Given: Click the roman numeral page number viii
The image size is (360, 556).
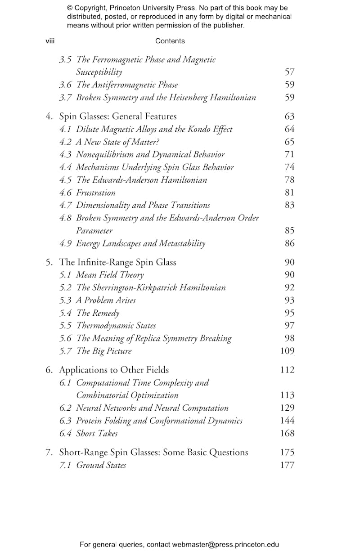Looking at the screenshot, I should pos(50,41).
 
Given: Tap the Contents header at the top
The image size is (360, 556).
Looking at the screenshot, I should pos(170,41).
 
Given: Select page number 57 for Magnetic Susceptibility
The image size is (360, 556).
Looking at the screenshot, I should pos(289,72).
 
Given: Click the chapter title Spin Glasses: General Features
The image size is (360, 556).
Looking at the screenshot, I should pos(118,117).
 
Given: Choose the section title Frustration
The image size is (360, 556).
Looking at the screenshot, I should pos(95,193).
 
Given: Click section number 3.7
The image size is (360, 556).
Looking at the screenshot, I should pos(66,97).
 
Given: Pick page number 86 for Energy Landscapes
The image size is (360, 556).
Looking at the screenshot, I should pos(289,243).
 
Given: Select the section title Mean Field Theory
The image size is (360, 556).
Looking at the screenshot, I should pos(110,275).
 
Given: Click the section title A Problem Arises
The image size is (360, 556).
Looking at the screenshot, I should pos(106,300).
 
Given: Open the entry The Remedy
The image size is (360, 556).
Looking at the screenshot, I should pos(98,313).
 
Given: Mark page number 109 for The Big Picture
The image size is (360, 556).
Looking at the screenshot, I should pos(287,351).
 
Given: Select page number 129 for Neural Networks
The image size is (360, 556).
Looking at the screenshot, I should pos(287,408).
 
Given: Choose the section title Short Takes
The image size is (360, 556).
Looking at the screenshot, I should pos(97,433).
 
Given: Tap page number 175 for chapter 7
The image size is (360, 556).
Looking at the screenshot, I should pos(287,452).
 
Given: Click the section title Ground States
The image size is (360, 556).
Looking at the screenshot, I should pos(101,465).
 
